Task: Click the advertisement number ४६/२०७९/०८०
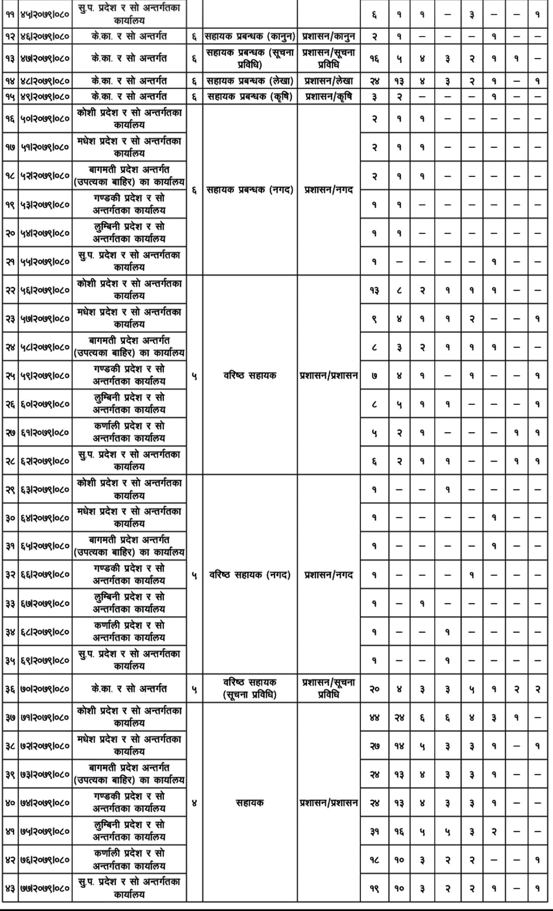point(45,36)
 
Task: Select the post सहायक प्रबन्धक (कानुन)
point(250,36)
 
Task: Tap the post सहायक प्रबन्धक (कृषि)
point(250,97)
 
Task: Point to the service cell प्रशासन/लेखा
point(329,81)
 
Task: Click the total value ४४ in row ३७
point(374,718)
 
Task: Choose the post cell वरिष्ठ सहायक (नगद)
point(250,575)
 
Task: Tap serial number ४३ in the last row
point(10,888)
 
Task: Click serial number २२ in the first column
point(10,290)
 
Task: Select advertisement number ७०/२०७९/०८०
point(45,689)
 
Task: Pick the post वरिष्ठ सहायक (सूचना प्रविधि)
point(250,689)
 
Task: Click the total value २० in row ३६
point(374,689)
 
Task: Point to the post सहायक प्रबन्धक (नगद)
point(250,190)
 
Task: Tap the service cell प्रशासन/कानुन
point(329,36)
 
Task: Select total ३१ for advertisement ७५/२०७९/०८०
point(374,831)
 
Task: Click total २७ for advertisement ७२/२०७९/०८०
point(374,746)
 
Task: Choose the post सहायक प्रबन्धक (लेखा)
point(250,81)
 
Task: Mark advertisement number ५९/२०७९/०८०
point(45,375)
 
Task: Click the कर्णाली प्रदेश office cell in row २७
point(129,432)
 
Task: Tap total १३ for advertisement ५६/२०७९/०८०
point(374,290)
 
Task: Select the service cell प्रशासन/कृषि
point(329,97)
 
